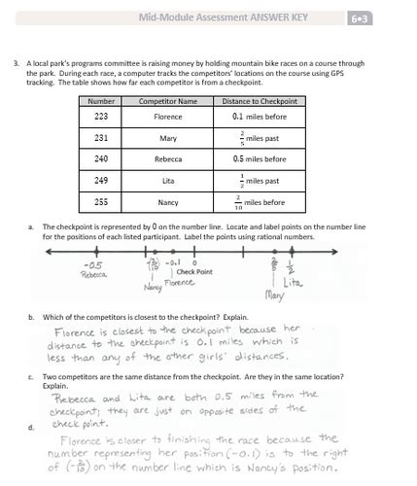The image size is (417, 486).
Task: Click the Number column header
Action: pyautogui.click(x=101, y=101)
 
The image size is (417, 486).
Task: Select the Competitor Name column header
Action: pyautogui.click(x=168, y=101)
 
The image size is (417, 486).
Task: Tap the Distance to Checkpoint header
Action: pyautogui.click(x=259, y=101)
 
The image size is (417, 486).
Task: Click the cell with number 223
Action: pyautogui.click(x=101, y=117)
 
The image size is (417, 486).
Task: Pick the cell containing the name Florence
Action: pyautogui.click(x=168, y=117)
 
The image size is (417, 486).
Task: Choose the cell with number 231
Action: pyautogui.click(x=101, y=138)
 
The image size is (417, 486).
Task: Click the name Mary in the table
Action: pyautogui.click(x=168, y=138)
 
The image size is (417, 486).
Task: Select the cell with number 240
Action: pyautogui.click(x=101, y=158)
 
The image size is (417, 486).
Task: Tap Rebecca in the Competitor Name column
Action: pyautogui.click(x=168, y=158)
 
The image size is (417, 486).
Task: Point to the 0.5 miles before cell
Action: pyautogui.click(x=259, y=158)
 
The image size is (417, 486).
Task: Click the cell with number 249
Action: pyautogui.click(x=101, y=180)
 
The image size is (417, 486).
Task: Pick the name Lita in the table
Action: pyautogui.click(x=168, y=180)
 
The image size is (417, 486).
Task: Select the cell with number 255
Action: pyautogui.click(x=101, y=202)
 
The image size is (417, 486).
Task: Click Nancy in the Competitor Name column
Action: pyautogui.click(x=168, y=202)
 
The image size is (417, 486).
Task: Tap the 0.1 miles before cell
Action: pyautogui.click(x=259, y=117)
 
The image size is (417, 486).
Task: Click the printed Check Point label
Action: pyautogui.click(x=194, y=272)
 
